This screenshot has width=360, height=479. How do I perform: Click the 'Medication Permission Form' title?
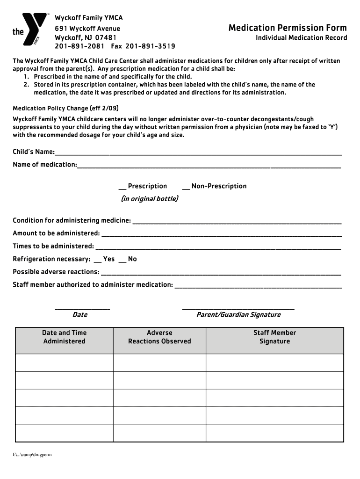click(288, 28)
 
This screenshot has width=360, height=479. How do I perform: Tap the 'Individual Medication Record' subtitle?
click(301, 38)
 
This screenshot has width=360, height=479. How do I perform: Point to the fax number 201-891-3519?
click(151, 46)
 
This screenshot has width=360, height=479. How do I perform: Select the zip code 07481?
click(106, 37)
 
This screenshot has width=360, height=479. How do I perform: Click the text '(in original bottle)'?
click(149, 199)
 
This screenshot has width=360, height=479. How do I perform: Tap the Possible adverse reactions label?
click(56, 272)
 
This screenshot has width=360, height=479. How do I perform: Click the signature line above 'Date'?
click(82, 308)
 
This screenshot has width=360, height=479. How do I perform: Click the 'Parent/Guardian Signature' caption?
click(238, 315)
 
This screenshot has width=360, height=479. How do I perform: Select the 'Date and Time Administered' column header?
click(65, 337)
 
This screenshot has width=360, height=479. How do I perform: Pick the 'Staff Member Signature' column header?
click(274, 337)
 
